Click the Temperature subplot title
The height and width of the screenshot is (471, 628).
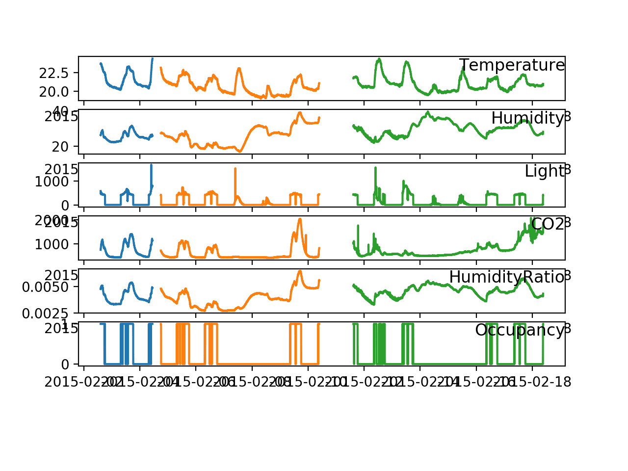[x=512, y=65]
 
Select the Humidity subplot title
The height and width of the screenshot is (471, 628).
[x=527, y=118]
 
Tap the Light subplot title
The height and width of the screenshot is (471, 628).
[x=544, y=171]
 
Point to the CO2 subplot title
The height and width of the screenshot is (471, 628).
[x=547, y=224]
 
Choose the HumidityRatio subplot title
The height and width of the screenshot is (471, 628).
[x=506, y=277]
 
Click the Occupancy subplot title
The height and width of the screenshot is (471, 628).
[x=519, y=330]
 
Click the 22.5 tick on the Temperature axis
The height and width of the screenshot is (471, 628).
[x=57, y=73]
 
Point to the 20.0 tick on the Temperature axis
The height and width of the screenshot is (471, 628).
[x=57, y=91]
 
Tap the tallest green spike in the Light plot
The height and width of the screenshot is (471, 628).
[x=375, y=168]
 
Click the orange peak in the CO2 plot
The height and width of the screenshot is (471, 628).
[x=300, y=219]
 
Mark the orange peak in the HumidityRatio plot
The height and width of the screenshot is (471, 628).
[x=300, y=271]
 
